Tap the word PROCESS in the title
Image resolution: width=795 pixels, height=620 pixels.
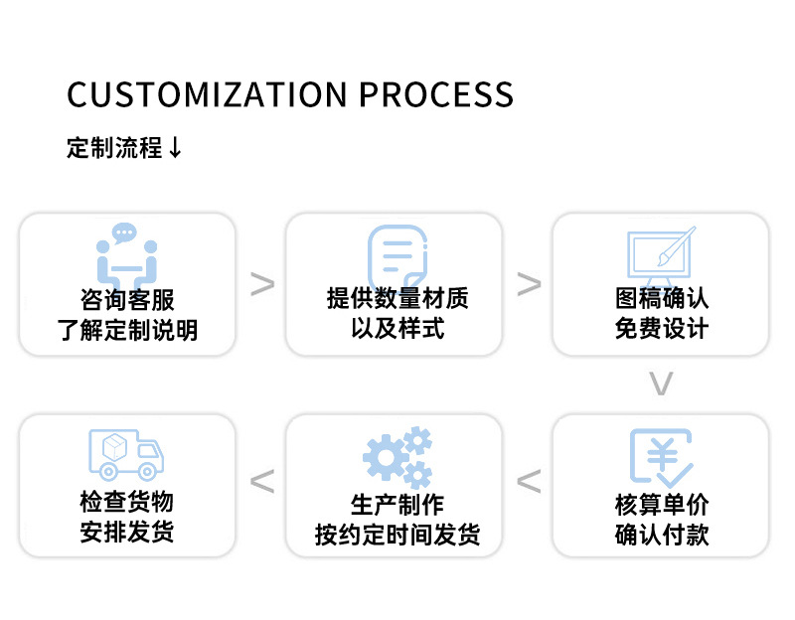[436, 94]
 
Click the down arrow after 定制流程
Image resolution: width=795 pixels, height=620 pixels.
[176, 149]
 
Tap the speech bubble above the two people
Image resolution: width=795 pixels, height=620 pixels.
[124, 233]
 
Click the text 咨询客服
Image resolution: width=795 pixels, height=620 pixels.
[127, 299]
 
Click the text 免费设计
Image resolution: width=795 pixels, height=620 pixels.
[661, 329]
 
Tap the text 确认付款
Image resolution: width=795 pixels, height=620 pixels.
[661, 535]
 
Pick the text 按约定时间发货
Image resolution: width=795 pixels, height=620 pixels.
[397, 535]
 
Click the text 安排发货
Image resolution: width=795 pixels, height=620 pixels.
[127, 533]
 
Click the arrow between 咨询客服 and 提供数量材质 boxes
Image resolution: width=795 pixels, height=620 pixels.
[262, 284]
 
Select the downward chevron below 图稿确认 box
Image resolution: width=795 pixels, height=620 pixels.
[661, 384]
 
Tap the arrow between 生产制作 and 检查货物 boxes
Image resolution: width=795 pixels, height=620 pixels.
[262, 482]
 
